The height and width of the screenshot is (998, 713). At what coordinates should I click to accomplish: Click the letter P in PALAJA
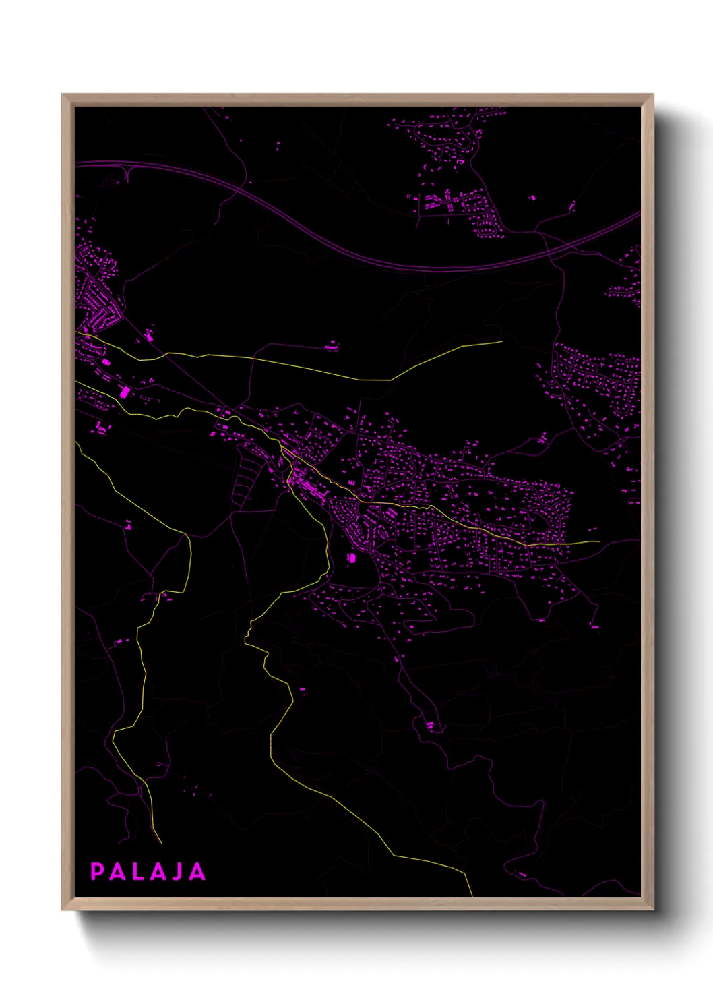[97, 872]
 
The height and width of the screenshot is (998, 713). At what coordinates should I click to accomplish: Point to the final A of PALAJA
[196, 872]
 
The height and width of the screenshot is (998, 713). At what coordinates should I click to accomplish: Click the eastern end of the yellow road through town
[599, 541]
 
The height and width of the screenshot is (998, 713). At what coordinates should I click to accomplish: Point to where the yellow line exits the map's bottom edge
[472, 896]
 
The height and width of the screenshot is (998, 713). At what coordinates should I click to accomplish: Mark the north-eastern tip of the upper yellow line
[502, 341]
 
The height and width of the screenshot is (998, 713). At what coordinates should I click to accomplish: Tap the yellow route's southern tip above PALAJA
[161, 842]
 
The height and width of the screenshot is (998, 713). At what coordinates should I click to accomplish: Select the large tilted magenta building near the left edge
[124, 392]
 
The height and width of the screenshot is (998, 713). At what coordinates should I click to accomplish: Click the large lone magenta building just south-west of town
[350, 558]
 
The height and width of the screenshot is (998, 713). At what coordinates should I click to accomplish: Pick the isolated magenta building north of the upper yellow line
[332, 347]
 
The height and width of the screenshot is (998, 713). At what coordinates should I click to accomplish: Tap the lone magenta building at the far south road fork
[431, 726]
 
